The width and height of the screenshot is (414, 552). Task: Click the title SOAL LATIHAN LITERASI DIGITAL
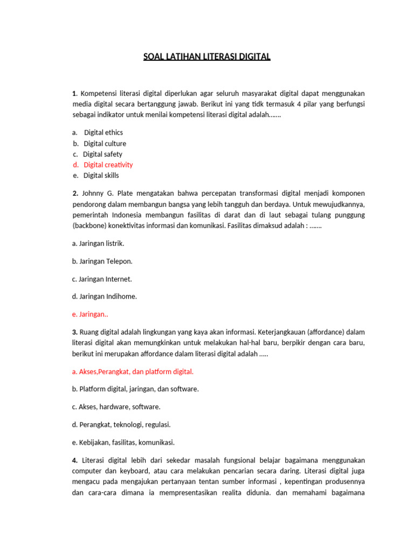click(207, 57)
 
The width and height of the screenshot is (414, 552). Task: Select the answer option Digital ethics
click(103, 133)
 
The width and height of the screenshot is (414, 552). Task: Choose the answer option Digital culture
click(105, 143)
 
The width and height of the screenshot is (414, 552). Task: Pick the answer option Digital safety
click(102, 154)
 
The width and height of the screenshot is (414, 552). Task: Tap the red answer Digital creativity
click(108, 165)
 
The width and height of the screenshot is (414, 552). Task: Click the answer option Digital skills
click(101, 176)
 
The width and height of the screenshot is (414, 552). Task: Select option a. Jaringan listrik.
click(98, 244)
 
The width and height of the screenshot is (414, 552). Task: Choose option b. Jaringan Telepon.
click(102, 261)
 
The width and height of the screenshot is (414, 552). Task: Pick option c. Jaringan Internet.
click(102, 279)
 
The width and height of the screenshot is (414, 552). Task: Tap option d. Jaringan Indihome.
click(105, 296)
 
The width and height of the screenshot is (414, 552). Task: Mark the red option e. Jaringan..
click(90, 314)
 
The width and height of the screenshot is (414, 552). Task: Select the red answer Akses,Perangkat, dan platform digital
click(133, 372)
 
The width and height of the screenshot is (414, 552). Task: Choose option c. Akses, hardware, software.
click(116, 407)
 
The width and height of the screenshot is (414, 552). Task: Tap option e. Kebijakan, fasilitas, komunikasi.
click(123, 443)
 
